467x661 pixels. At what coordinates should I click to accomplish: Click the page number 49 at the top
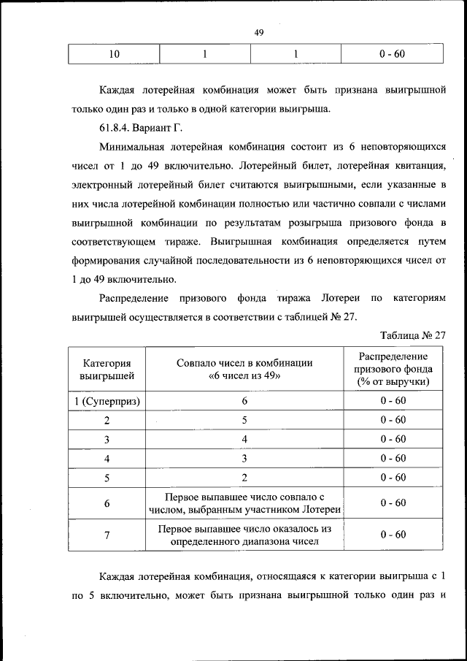(258, 32)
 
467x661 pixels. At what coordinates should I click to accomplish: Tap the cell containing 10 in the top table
(114, 54)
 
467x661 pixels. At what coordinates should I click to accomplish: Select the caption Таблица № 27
(413, 335)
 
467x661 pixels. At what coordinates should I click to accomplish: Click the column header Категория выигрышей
(107, 369)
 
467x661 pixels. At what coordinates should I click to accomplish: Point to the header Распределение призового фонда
(393, 369)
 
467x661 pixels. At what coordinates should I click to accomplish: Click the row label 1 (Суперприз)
(107, 401)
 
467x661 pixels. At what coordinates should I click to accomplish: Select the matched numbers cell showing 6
(244, 401)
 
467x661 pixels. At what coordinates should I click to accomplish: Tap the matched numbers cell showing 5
(244, 420)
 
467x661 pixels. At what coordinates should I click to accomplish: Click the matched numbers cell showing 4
(244, 439)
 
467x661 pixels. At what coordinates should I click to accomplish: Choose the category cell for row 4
(107, 458)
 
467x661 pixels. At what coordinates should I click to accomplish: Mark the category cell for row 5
(107, 477)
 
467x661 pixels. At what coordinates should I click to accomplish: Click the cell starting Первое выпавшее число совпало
(244, 503)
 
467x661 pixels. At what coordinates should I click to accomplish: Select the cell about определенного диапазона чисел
(244, 535)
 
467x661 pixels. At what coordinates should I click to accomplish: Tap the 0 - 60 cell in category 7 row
(393, 535)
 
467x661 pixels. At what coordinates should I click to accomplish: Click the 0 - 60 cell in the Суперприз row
(393, 401)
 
